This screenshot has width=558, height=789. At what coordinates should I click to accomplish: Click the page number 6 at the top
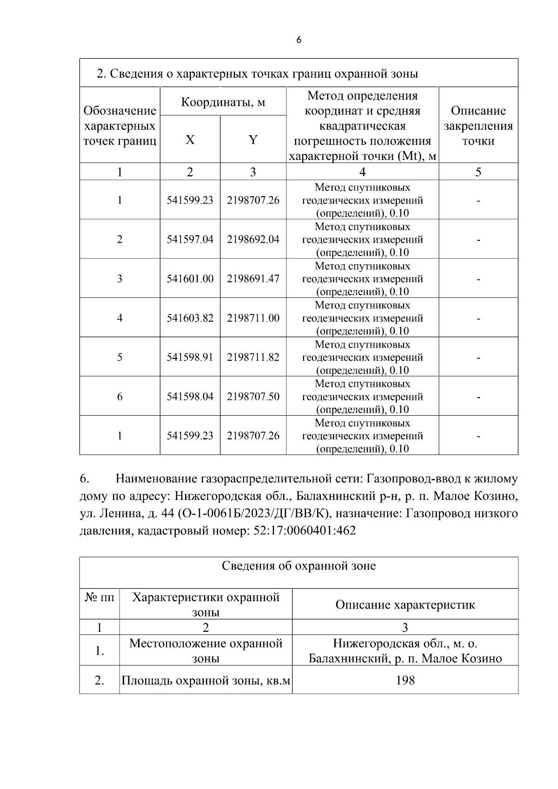[299, 40]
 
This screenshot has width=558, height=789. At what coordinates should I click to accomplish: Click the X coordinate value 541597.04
[190, 239]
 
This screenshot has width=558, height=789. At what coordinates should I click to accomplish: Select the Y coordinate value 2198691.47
[253, 279]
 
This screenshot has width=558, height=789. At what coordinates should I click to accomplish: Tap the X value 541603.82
[190, 318]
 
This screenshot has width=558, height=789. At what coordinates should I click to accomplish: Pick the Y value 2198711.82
[253, 358]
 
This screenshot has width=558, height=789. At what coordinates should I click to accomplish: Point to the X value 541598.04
[190, 397]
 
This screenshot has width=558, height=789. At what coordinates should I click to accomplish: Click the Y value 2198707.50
[253, 397]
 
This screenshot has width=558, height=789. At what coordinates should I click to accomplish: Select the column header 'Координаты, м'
[223, 102]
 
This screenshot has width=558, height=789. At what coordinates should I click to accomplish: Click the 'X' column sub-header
[190, 139]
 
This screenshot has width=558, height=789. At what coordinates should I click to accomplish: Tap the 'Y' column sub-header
[253, 139]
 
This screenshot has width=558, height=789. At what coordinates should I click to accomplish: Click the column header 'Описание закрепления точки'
[478, 126]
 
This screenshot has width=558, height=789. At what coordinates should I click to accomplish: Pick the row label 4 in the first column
[120, 318]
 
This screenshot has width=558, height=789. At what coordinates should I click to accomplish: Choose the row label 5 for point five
[120, 358]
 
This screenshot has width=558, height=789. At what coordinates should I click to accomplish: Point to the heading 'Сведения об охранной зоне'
[299, 566]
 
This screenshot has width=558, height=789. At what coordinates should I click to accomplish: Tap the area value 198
[405, 681]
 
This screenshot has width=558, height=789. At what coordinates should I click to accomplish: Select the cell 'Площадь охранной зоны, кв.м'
[206, 681]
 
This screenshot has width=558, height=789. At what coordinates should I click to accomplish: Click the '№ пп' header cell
[99, 597]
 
